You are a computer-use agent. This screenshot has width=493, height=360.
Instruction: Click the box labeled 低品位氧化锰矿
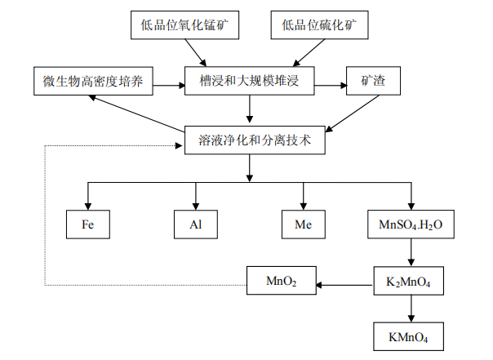pos(185,26)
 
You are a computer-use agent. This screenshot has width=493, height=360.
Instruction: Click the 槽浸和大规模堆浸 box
pos(249,82)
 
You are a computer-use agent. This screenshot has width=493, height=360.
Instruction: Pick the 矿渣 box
pos(372,82)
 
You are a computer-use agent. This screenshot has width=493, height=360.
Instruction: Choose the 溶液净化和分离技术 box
pos(249,140)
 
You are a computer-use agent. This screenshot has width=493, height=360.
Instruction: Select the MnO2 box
pos(282,283)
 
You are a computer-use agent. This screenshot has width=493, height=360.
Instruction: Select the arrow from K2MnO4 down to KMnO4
pos(410,310)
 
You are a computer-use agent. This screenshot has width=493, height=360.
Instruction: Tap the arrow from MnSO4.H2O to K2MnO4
pos(410,254)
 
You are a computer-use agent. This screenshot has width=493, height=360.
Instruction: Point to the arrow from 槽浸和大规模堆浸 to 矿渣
pos(327,83)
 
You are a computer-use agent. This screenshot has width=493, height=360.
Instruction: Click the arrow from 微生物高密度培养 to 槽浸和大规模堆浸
pos(167,83)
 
